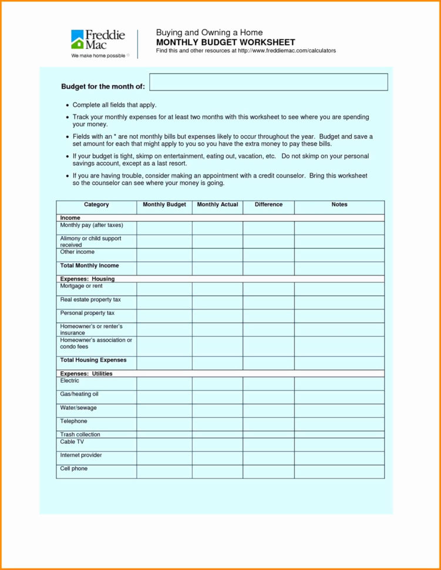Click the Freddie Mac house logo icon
[x=78, y=40]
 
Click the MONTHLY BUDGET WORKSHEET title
[x=225, y=42]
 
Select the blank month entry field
[x=268, y=82]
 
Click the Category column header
[x=96, y=204]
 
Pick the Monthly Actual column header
[x=217, y=204]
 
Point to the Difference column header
[x=268, y=204]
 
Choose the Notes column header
[x=339, y=204]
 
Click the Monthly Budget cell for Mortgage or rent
[x=164, y=289]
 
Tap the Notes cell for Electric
[x=339, y=383]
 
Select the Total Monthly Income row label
[x=89, y=266]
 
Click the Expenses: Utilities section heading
[x=86, y=374]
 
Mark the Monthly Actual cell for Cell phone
[x=217, y=471]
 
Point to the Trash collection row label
[x=80, y=434]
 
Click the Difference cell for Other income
[x=268, y=254]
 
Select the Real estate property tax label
[x=90, y=300]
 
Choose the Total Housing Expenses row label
[x=93, y=360]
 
